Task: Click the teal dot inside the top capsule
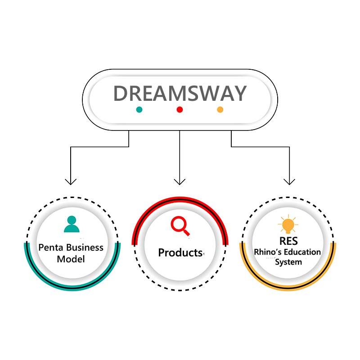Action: tap(139, 109)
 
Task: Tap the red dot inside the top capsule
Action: tap(180, 109)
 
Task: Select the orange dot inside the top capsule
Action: tap(220, 109)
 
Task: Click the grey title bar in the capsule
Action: tap(180, 93)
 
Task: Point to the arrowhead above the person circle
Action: tap(71, 181)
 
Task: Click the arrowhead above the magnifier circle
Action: tap(180, 181)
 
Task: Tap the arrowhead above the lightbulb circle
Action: tap(289, 181)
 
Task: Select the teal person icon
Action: tap(72, 224)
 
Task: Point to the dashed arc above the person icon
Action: tap(72, 198)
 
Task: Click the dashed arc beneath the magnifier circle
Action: tap(180, 289)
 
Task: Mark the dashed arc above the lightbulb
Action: tap(288, 198)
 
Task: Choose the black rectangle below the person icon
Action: tap(72, 255)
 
